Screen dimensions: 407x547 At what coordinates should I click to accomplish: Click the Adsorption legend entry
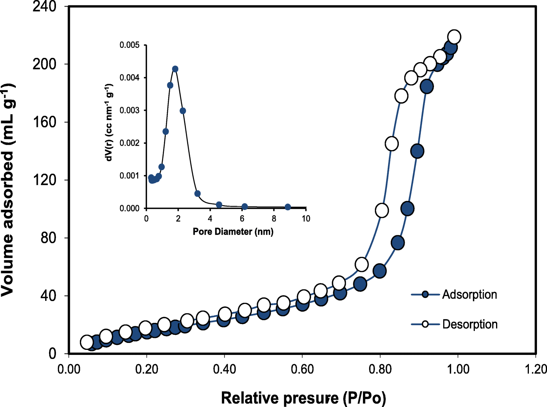[x=469, y=295]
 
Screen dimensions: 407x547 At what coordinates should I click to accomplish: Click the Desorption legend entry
[x=469, y=324]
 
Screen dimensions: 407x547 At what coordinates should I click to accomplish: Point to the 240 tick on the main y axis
[x=44, y=7]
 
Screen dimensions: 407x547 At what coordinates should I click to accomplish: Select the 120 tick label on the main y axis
[x=44, y=180]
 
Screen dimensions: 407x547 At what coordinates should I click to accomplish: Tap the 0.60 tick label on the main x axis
[x=302, y=369]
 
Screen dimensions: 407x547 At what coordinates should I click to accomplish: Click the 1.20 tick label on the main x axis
[x=535, y=369]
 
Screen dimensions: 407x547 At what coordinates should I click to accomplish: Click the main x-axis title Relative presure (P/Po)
[x=303, y=398]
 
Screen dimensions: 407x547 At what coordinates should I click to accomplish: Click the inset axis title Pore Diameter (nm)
[x=233, y=231]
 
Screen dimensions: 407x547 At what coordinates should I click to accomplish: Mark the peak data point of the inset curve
[x=175, y=69]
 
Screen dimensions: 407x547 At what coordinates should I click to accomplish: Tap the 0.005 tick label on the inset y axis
[x=129, y=45]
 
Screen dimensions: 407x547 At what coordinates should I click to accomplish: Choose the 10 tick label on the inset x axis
[x=306, y=219]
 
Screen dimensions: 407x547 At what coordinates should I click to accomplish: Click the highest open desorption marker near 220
[x=454, y=37]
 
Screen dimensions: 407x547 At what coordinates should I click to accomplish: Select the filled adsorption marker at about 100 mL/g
[x=407, y=209]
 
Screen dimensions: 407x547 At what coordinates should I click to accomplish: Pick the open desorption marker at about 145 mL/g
[x=392, y=144]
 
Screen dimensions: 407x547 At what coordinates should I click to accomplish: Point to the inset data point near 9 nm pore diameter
[x=288, y=207]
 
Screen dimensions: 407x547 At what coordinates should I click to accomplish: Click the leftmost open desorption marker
[x=87, y=342]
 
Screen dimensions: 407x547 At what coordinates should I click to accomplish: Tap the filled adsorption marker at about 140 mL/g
[x=417, y=151]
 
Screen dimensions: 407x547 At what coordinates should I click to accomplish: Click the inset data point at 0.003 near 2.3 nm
[x=183, y=111]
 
